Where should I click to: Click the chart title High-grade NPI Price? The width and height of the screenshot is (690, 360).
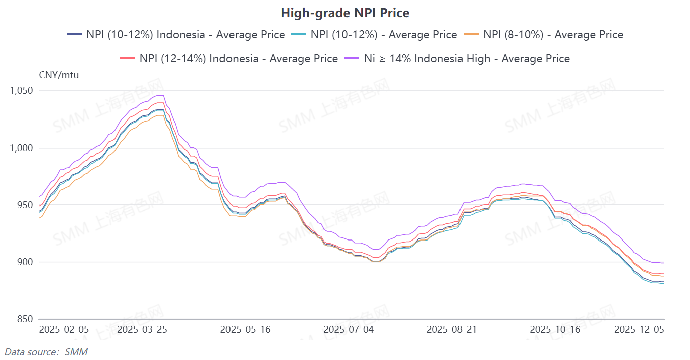point(344,13)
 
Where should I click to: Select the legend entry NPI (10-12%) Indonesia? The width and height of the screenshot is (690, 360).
point(176,35)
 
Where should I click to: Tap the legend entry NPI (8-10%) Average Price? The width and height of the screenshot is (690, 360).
point(543,35)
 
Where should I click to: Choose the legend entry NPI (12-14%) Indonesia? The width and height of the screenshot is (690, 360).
point(229,59)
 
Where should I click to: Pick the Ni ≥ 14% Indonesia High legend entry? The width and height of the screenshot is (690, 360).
point(457,59)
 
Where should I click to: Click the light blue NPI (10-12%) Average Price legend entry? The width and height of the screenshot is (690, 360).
point(374,35)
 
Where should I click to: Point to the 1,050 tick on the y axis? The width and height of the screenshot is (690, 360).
point(21,91)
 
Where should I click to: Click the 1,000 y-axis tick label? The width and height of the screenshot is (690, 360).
point(21,148)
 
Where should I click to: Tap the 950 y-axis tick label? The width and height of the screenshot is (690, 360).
point(24,205)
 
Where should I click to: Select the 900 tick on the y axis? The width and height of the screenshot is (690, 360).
point(24,262)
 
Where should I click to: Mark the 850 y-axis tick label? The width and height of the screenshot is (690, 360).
point(24,319)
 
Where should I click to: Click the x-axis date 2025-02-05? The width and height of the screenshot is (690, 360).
point(64,330)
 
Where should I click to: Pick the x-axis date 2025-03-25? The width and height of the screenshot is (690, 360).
point(142,330)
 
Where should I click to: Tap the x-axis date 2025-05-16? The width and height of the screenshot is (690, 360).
point(245,330)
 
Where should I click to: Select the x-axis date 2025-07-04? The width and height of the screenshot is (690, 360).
point(349,330)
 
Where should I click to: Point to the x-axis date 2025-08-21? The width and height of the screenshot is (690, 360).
point(451,330)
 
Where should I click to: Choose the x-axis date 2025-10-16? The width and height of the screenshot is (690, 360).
point(555,330)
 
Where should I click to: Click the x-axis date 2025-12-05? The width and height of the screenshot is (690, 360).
point(639,330)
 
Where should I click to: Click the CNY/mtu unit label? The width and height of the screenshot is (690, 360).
point(59,75)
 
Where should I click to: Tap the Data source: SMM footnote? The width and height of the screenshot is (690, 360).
point(46,352)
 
